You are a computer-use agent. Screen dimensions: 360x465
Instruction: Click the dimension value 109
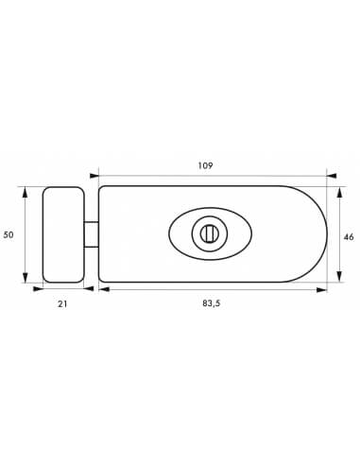205,165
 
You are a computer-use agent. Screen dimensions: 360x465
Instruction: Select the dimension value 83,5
212,303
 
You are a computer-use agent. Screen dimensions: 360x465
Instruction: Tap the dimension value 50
9,234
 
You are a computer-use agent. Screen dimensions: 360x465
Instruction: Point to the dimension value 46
349,237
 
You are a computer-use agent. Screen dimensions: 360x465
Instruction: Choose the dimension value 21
62,304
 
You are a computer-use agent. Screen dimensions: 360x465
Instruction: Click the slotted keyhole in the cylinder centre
207,233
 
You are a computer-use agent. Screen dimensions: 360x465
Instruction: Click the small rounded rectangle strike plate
63,234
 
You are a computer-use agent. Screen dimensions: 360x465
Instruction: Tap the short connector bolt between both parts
92,234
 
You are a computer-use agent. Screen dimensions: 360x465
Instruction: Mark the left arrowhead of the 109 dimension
94,176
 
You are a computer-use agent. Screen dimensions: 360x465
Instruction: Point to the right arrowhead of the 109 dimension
332,176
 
